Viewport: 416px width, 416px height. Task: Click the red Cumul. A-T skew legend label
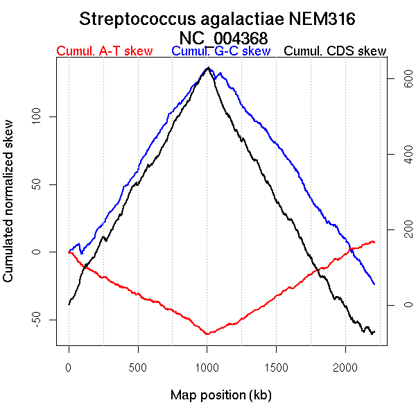[x=104, y=51]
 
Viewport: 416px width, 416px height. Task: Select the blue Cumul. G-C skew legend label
[x=220, y=51]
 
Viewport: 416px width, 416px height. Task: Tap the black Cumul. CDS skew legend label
[x=336, y=51]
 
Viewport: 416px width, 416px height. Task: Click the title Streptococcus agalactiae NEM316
[x=218, y=19]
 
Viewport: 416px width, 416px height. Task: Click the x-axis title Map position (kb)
[x=220, y=395]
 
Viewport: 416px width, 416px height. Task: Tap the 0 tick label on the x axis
[x=69, y=367]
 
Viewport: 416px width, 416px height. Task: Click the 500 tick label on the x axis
[x=138, y=367]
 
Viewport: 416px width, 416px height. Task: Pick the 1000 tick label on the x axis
[x=207, y=367]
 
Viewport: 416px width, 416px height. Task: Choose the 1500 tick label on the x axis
[x=277, y=367]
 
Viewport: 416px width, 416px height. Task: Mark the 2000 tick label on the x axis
[x=346, y=367]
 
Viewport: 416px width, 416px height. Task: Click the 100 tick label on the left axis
[x=38, y=116]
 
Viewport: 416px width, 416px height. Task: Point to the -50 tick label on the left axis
[x=38, y=320]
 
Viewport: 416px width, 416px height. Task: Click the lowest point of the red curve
[x=207, y=334]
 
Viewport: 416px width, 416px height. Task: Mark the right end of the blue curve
[x=374, y=284]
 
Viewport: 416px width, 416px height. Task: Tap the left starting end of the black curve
[x=69, y=304]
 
